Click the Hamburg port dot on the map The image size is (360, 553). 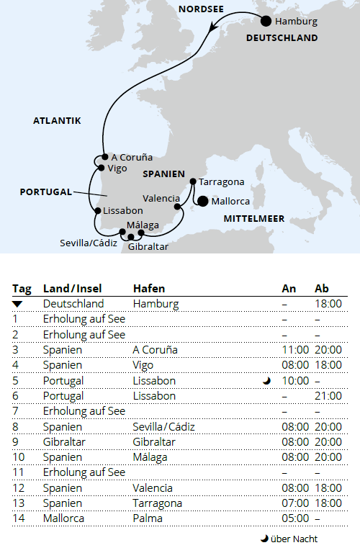(x=266, y=21)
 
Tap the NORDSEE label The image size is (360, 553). (x=201, y=9)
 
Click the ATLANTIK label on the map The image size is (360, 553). (x=57, y=121)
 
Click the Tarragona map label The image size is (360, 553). (x=221, y=182)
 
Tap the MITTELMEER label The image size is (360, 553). (x=253, y=218)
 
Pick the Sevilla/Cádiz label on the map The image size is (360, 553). (x=88, y=243)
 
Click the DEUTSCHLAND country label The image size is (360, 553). (x=282, y=38)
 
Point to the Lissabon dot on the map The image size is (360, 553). (x=97, y=210)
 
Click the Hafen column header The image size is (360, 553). (x=149, y=289)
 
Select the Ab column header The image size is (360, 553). (x=322, y=289)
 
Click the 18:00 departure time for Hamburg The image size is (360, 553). (x=328, y=305)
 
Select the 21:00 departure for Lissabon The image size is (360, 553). (x=328, y=396)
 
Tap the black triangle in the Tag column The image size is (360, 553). (x=18, y=305)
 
